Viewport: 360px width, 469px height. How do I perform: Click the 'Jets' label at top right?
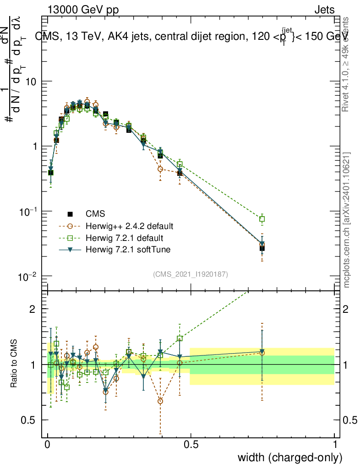pyautogui.click(x=324, y=10)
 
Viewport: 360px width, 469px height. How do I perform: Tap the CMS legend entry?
pyautogui.click(x=95, y=214)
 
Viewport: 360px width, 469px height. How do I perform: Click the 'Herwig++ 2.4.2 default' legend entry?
pyautogui.click(x=129, y=226)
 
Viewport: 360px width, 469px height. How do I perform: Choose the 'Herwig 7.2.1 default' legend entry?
pyautogui.click(x=125, y=238)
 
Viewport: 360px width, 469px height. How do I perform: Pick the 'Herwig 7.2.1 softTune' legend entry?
pyautogui.click(x=127, y=250)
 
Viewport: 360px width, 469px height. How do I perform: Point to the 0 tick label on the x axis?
pyautogui.click(x=48, y=444)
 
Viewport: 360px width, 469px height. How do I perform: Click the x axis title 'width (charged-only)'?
pyautogui.click(x=289, y=458)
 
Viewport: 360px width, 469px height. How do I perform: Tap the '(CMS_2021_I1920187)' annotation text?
pyautogui.click(x=191, y=274)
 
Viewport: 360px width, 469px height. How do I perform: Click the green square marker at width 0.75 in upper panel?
pyautogui.click(x=262, y=219)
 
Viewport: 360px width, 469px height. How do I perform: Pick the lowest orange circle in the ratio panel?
pyautogui.click(x=160, y=401)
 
